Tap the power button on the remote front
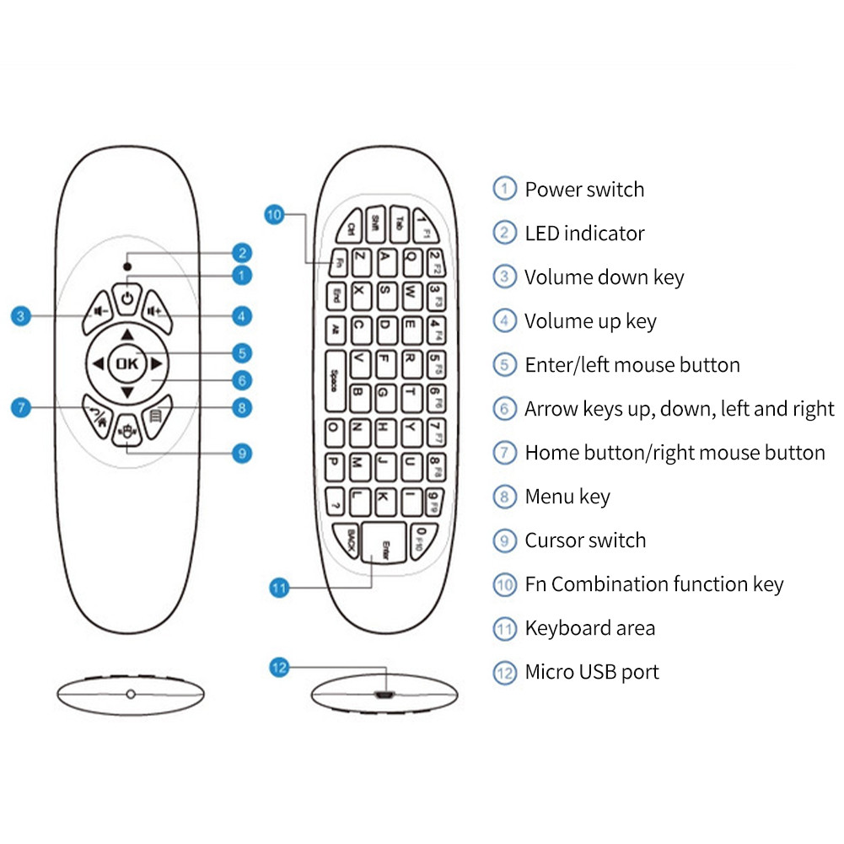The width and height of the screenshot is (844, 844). (x=126, y=298)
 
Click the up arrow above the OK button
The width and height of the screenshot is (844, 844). (x=127, y=333)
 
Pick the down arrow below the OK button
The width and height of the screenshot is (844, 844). (x=127, y=394)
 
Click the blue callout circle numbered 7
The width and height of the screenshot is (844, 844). (x=22, y=408)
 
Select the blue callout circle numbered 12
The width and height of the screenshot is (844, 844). (x=279, y=669)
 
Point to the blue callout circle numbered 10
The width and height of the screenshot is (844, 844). (x=274, y=215)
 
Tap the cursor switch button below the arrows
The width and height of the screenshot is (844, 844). (x=127, y=430)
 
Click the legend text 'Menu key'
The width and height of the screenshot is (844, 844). (x=567, y=497)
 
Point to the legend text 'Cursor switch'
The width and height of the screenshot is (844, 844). (x=585, y=540)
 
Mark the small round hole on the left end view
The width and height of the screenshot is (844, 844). (x=130, y=693)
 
